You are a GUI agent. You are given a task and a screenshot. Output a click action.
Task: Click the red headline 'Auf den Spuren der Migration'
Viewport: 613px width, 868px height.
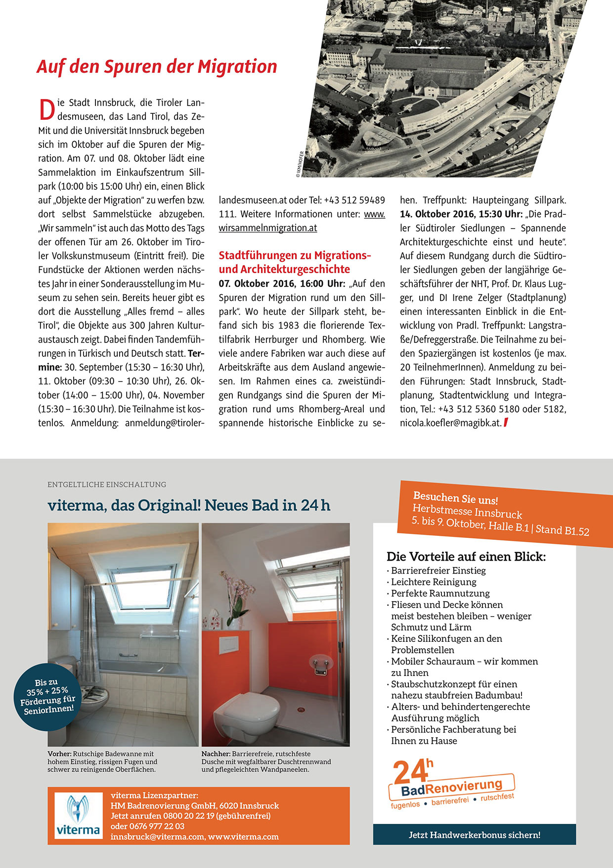157,67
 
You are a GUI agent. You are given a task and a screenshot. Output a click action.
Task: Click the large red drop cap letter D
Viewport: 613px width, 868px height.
46,110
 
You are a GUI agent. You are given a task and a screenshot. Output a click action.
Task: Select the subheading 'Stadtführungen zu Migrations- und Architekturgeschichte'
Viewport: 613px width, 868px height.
295,262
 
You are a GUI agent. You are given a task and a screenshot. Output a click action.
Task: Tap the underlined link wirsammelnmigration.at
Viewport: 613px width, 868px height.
268,228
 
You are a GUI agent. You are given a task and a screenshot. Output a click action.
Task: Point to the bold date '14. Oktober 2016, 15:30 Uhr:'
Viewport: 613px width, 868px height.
461,214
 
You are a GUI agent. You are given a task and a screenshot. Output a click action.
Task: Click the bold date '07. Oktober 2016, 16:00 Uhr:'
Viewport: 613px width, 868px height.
282,284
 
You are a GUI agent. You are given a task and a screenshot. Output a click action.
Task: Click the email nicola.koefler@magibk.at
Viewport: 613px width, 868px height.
450,423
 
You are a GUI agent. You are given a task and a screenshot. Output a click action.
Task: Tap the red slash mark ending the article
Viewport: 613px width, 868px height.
505,423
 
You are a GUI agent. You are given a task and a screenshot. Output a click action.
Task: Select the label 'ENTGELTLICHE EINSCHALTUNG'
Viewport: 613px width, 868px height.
107,484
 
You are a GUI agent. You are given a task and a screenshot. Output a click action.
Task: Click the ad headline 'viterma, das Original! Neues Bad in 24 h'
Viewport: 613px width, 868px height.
189,505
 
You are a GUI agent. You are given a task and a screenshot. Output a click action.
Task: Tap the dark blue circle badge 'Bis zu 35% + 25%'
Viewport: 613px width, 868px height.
47,696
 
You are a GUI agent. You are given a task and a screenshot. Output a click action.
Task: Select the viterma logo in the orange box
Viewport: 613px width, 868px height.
78,816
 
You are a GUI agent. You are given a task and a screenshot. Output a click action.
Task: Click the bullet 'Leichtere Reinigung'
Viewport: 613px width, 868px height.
434,582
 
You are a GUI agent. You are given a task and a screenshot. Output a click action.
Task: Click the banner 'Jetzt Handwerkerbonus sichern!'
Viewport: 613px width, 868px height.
475,835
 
